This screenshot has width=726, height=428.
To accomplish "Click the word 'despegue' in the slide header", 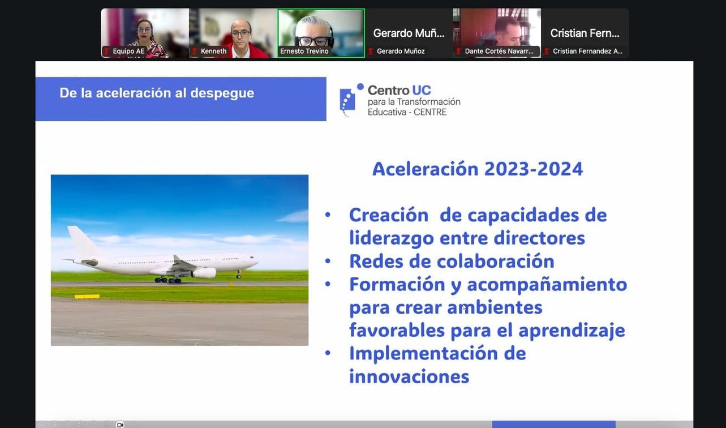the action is point(222,93).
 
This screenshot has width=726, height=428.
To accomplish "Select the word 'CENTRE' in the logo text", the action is point(430,112).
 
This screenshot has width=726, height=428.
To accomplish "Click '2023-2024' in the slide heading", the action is point(534,169).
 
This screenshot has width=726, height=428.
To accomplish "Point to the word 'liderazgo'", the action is point(392,239).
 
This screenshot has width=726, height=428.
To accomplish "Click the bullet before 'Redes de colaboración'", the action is point(328,261).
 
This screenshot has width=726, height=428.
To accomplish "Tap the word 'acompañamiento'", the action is point(547,285).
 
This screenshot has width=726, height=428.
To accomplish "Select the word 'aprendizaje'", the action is point(572,331).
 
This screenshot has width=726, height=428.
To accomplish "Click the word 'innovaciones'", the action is point(409,377).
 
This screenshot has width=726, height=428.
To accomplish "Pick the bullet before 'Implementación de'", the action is point(328,353).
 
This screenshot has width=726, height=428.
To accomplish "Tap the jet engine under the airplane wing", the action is point(204,273).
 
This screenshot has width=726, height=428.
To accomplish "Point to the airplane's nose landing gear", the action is point(239,275).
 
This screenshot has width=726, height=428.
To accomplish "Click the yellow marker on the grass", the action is point(87,296).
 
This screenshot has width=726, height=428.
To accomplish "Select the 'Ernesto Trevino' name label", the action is point(304,51).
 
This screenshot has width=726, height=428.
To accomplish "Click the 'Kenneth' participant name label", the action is point(213,51).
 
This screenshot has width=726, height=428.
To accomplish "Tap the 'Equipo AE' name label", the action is point(128,51).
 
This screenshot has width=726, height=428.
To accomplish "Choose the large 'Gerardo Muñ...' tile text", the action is point(409,33).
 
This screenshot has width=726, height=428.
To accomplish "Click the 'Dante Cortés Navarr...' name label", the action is point(499,51).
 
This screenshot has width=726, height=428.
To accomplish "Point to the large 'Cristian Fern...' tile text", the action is point(585,33).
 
